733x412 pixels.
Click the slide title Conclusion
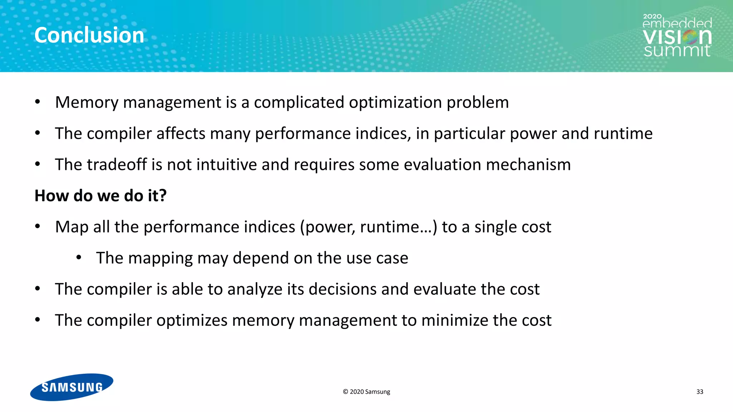point(89,35)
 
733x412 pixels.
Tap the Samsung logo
point(72,387)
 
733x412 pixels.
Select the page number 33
point(700,392)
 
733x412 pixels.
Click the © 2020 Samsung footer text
point(366,392)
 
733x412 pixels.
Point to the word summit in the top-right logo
point(677,50)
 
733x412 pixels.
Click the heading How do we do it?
point(101,196)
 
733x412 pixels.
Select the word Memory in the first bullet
point(86,102)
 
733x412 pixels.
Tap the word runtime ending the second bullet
point(623,133)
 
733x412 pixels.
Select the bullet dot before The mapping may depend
point(79,257)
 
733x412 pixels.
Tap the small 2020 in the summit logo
point(652,16)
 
